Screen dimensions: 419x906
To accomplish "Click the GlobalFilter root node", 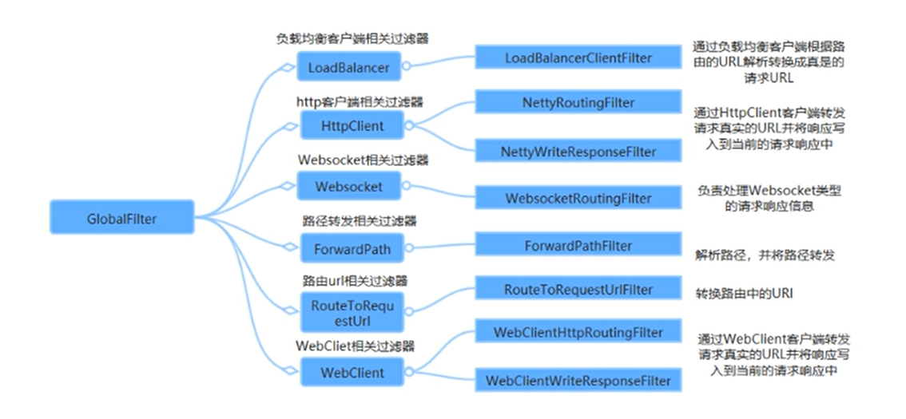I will click(122, 218).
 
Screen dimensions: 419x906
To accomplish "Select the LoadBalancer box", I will click(349, 68).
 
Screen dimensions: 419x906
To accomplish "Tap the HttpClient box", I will click(352, 125).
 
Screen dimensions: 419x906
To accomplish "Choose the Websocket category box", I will click(349, 187).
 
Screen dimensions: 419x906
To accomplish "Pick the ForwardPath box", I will click(352, 248).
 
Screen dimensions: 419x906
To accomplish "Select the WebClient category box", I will click(352, 372).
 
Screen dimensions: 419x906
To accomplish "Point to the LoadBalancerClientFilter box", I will click(578, 57).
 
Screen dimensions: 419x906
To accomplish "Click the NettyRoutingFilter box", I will click(578, 103).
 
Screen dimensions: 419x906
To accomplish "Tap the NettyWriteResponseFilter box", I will click(578, 151).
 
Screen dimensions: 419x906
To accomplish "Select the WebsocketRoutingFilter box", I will click(578, 198).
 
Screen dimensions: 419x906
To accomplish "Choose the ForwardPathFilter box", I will click(578, 245).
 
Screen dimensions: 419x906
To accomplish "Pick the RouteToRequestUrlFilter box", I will click(578, 289).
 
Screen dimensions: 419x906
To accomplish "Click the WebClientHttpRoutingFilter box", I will click(578, 332).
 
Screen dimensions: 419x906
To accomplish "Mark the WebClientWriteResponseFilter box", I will click(578, 380).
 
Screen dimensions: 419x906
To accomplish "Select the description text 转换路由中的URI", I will click(744, 294).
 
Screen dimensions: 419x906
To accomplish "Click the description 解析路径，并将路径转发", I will click(765, 255).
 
